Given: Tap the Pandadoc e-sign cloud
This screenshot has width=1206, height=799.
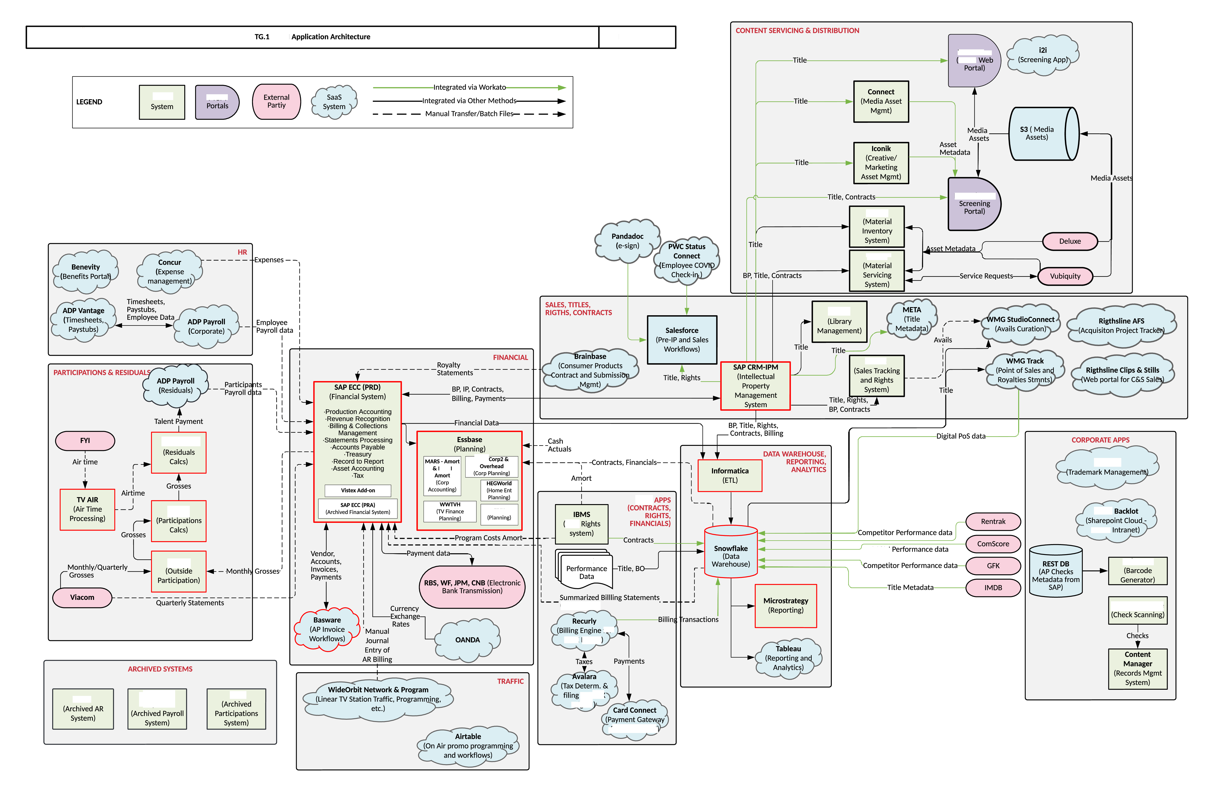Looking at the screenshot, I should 627,241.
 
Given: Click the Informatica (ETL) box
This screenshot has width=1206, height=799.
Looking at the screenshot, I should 729,475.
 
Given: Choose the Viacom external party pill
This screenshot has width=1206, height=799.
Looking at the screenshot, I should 82,597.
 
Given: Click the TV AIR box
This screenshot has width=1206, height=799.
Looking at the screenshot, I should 87,509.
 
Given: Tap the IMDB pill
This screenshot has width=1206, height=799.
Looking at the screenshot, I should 992,587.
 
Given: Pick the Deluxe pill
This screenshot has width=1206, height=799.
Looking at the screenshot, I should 1069,241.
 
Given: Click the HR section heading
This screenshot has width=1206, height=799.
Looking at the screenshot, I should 242,252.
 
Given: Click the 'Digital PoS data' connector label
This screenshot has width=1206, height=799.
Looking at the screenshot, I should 960,436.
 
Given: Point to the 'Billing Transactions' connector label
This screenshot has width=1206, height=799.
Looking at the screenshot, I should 688,620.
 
